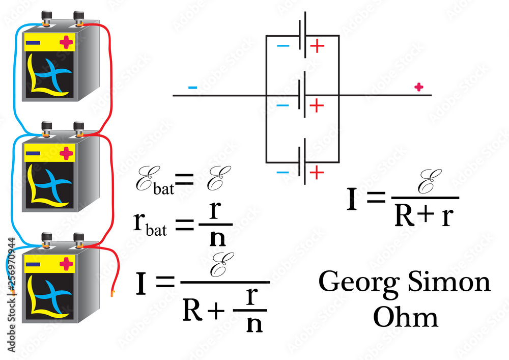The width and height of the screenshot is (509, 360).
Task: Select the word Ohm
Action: click(x=405, y=317)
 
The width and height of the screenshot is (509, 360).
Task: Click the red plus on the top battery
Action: click(x=66, y=42)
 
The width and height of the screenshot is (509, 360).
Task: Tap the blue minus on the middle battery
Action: click(x=33, y=153)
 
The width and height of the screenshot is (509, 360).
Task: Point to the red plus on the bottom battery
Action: click(x=66, y=264)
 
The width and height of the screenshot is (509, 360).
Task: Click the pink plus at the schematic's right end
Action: click(x=418, y=88)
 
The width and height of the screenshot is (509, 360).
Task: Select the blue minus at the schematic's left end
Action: click(x=192, y=88)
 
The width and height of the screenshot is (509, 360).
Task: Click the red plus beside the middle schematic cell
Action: click(x=317, y=106)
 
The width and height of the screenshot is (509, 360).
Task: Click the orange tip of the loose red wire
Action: click(x=112, y=293)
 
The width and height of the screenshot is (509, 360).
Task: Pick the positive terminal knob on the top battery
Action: click(x=79, y=19)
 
